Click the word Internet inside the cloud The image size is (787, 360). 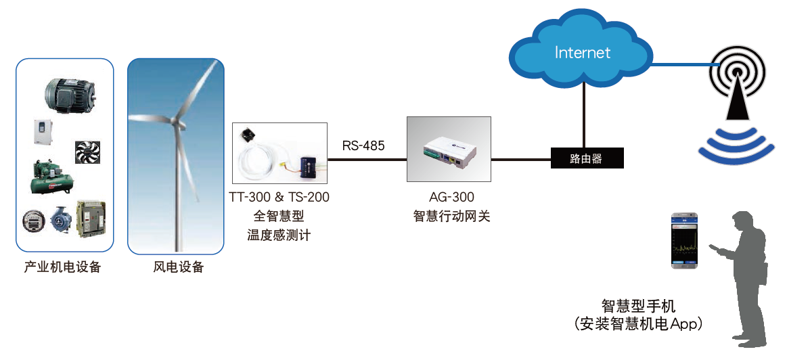[x=582, y=53]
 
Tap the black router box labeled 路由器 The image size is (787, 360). [x=586, y=159]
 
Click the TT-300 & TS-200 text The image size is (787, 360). [x=279, y=197]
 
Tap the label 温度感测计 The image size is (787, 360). [x=279, y=235]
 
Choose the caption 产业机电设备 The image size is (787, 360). [x=63, y=267]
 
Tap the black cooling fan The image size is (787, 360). [x=88, y=153]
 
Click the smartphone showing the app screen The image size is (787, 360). [x=684, y=240]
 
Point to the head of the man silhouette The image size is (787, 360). [x=742, y=223]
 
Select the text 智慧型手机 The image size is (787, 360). [x=638, y=305]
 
